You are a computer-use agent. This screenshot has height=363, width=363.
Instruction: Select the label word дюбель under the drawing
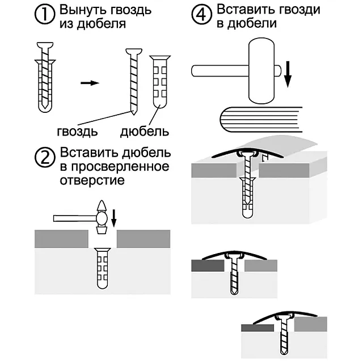pyautogui.click(x=145, y=132)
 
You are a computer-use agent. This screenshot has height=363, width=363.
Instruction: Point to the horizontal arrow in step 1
pyautogui.click(x=89, y=83)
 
